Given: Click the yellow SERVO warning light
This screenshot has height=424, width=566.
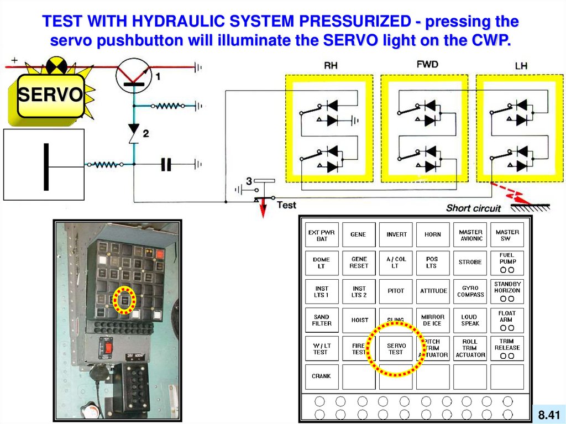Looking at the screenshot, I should [x=50, y=96].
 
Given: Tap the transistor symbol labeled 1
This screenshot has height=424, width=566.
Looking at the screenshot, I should [x=133, y=73].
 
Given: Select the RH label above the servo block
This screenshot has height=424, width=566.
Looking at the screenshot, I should [x=331, y=66].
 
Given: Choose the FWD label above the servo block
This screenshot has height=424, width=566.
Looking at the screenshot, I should [x=427, y=64].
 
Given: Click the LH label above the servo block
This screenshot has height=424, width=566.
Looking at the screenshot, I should [x=521, y=66].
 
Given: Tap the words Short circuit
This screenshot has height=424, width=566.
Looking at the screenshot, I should [x=473, y=208].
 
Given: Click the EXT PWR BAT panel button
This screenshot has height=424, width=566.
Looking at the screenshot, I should [x=322, y=235].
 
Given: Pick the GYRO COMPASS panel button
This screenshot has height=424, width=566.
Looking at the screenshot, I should [x=470, y=291].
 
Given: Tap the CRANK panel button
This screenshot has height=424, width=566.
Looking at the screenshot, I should [x=321, y=376].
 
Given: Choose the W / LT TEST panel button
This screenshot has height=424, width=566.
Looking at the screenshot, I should [x=321, y=349].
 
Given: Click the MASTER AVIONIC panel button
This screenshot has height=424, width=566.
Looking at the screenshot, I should [x=470, y=235].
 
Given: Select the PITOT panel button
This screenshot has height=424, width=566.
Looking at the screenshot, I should [x=396, y=291].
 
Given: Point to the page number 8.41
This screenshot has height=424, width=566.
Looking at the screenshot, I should [x=549, y=414].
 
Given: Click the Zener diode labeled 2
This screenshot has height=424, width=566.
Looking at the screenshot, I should [x=133, y=133].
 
